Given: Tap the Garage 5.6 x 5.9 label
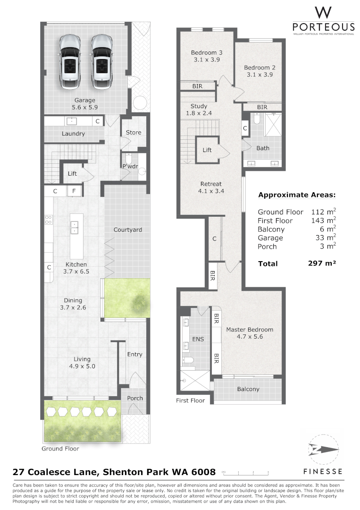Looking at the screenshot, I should [x=85, y=104].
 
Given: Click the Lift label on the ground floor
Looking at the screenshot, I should [x=72, y=174].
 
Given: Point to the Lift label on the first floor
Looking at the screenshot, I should [x=207, y=150].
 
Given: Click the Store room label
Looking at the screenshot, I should [x=134, y=133].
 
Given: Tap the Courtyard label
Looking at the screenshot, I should [x=127, y=230].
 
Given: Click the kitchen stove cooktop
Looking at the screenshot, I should [x=49, y=219].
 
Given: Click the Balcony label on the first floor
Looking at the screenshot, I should [x=248, y=389].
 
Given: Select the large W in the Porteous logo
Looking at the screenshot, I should [x=323, y=13].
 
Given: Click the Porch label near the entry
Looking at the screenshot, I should [x=135, y=398].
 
